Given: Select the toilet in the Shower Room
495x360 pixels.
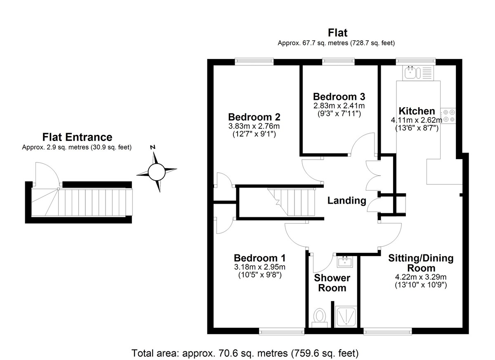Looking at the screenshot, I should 320,317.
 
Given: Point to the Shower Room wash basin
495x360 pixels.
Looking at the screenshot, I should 344,261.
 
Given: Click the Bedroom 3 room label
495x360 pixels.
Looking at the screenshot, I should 339,97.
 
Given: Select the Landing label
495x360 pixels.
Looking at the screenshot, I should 346,201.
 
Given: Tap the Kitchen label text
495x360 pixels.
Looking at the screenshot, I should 416,111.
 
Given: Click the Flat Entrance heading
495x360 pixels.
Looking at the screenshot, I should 77,137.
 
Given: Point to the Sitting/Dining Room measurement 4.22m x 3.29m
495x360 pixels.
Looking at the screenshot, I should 420,277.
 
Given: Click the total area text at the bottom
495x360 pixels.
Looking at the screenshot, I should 245,353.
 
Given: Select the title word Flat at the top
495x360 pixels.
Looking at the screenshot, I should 337,33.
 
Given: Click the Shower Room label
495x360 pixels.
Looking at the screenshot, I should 332,283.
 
